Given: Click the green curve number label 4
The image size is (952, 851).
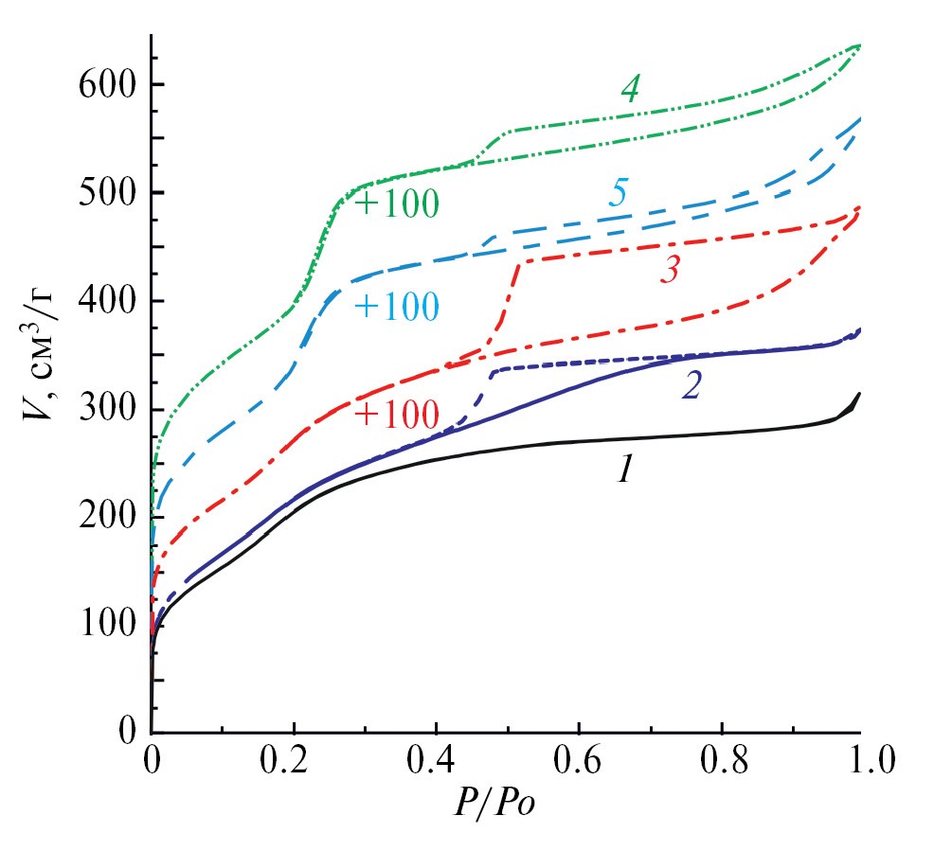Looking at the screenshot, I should (x=630, y=89).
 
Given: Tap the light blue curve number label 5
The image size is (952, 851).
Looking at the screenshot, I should (x=617, y=194).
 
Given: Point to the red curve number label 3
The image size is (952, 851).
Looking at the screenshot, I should (x=670, y=271).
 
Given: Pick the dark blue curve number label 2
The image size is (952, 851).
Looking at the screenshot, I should (x=692, y=385).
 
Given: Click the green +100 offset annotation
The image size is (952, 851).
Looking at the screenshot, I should (x=397, y=204).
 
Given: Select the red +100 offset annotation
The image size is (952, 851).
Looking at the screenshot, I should (x=397, y=415).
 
